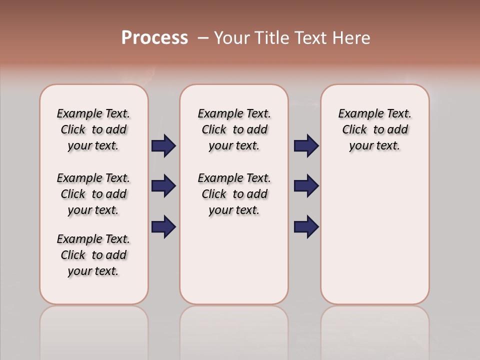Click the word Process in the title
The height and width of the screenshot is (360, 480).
click(x=154, y=38)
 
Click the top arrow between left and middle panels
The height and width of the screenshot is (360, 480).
click(x=163, y=146)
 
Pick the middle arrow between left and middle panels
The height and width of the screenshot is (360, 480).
click(x=163, y=186)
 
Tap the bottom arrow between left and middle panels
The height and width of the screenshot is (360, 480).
click(x=163, y=226)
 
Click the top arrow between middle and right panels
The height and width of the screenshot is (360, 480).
click(x=306, y=146)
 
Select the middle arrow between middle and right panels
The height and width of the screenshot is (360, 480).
click(x=306, y=186)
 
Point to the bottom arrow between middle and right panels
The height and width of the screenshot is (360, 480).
click(x=306, y=226)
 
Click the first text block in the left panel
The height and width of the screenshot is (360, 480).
click(x=93, y=129)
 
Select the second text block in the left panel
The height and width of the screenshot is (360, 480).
click(x=93, y=194)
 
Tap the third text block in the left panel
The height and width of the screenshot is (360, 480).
click(x=93, y=255)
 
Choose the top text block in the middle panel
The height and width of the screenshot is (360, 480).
click(x=234, y=129)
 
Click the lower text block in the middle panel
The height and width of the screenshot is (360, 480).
click(x=234, y=194)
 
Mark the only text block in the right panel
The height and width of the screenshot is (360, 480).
click(x=375, y=129)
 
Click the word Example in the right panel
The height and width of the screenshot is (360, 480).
click(x=357, y=114)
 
